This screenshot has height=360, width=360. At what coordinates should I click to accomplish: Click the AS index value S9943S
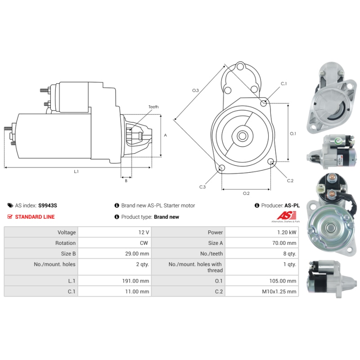pyautogui.click(x=48, y=206)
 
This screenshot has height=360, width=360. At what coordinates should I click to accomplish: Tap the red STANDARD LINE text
pyautogui.click(x=35, y=217)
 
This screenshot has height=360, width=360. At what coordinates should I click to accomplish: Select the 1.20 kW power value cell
pyautogui.click(x=262, y=232)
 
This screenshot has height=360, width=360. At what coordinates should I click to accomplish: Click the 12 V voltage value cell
pyautogui.click(x=115, y=232)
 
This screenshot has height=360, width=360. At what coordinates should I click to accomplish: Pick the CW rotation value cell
pyautogui.click(x=115, y=243)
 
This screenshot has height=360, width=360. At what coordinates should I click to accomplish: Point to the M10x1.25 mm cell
pyautogui.click(x=262, y=292)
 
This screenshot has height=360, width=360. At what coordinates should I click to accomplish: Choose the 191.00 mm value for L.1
pyautogui.click(x=115, y=281)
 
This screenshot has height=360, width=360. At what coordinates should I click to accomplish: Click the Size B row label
pyautogui.click(x=68, y=254)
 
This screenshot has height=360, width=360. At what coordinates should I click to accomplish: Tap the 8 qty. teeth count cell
pyautogui.click(x=262, y=254)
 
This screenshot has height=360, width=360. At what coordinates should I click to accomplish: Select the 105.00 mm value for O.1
pyautogui.click(x=262, y=281)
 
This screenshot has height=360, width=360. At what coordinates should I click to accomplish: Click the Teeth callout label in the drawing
pyautogui.click(x=153, y=107)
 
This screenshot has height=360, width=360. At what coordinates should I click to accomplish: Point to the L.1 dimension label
pyautogui.click(x=76, y=171)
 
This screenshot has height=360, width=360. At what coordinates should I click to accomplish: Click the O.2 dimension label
pyautogui.click(x=246, y=193)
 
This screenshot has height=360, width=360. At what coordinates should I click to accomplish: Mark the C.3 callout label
pyautogui.click(x=202, y=187)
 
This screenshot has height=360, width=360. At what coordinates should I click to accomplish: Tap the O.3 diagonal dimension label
pyautogui.click(x=195, y=90)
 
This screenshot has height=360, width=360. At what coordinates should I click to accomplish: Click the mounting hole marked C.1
pyautogui.click(x=263, y=103)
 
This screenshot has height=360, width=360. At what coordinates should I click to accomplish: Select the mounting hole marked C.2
pyautogui.click(x=271, y=162)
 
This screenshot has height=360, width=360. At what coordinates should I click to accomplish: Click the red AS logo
pyautogui.click(x=287, y=216)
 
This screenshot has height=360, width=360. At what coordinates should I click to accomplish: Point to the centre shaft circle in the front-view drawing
pyautogui.click(x=243, y=136)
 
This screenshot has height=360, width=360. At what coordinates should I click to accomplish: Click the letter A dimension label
pyautogui.click(x=165, y=135)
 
